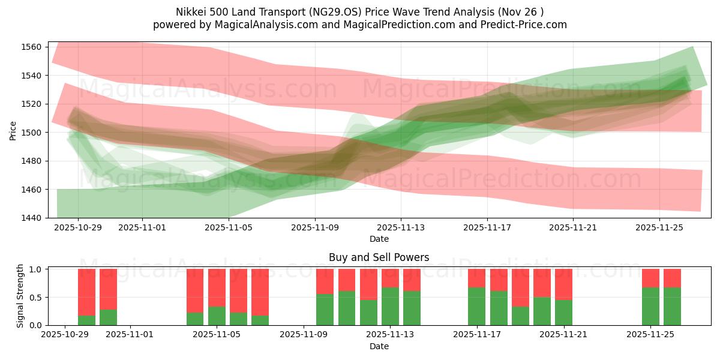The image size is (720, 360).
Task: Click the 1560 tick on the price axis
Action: coord(32,47)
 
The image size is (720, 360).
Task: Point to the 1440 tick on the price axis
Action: coord(32,218)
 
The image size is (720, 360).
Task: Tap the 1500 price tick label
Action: coord(32,133)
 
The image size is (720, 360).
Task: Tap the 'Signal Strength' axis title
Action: coord(20,296)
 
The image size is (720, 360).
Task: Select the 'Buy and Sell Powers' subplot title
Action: coord(379,257)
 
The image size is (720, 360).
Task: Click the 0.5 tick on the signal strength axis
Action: coord(35,298)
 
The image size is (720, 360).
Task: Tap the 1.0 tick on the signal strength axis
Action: coord(35,269)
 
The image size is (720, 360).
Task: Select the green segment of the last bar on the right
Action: coord(672,307)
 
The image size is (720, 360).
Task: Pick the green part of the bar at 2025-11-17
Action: coord(476,307)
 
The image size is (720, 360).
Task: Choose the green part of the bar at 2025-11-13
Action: coord(390,307)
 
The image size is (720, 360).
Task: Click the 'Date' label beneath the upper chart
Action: coord(379,239)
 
